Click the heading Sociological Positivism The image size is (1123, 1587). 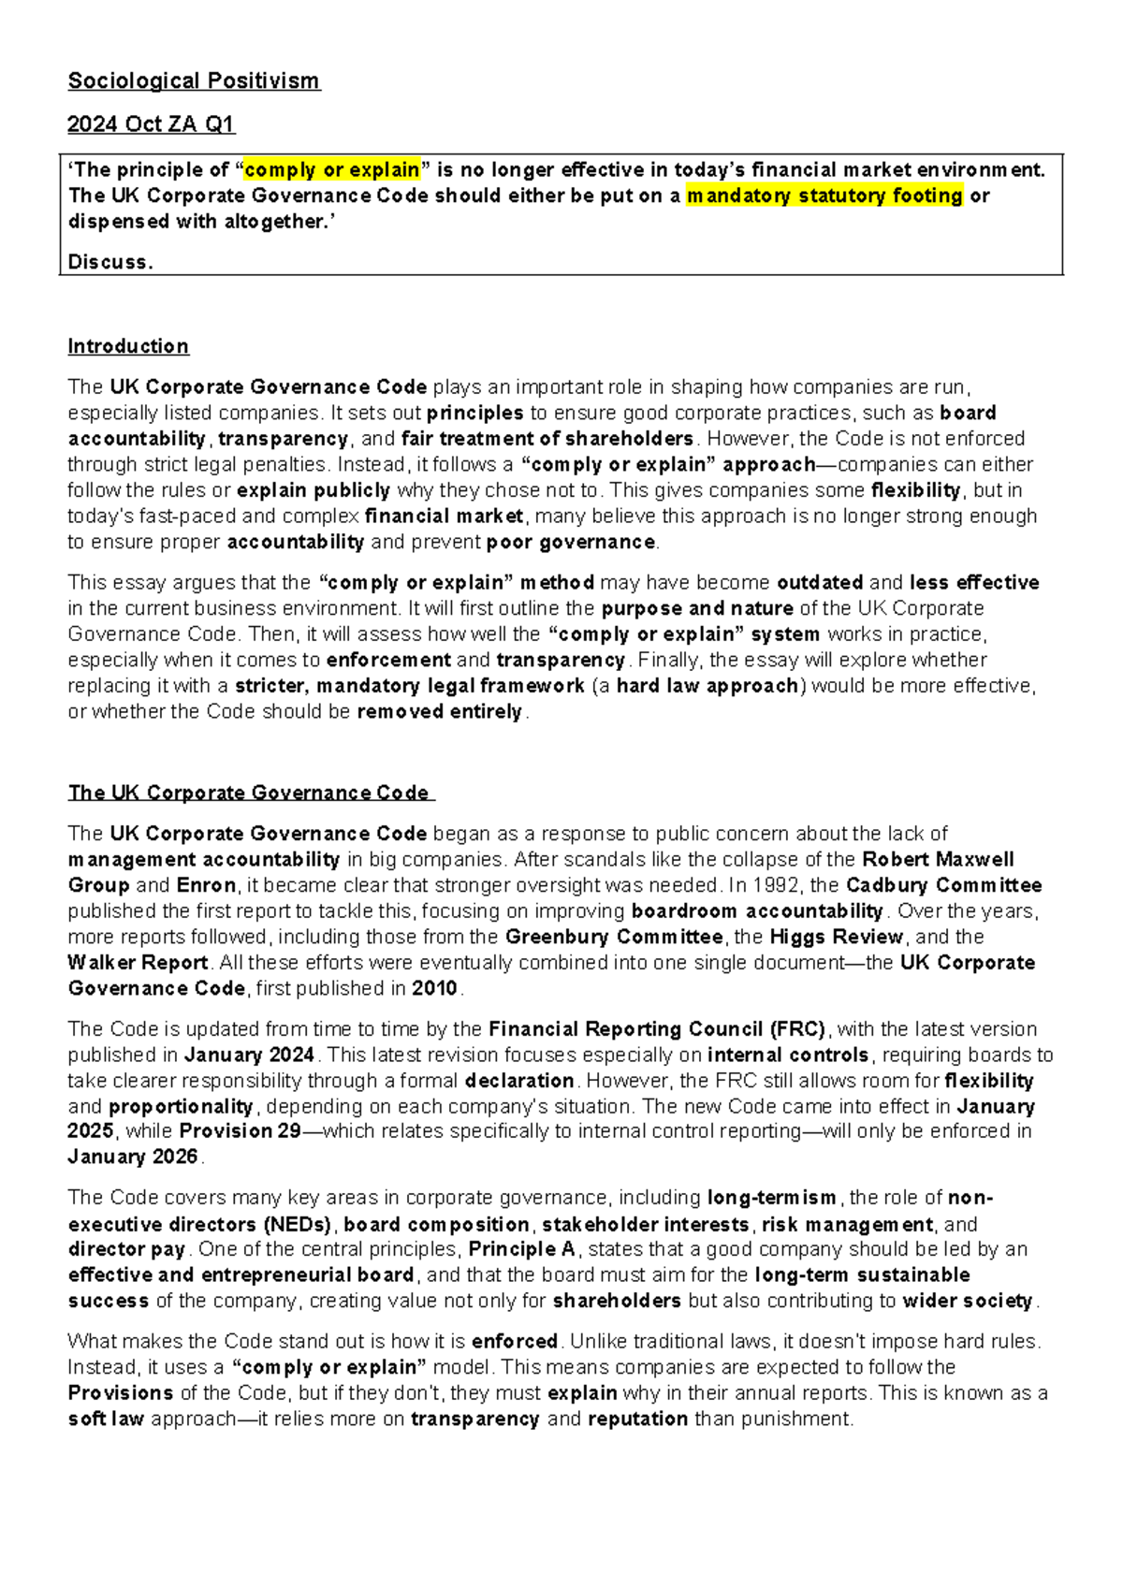[194, 81]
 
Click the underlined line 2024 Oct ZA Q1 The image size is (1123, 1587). [151, 124]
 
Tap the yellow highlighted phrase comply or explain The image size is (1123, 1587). [331, 170]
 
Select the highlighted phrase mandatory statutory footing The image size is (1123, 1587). [824, 196]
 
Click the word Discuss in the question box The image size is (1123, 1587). [109, 263]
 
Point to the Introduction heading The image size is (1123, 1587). [128, 347]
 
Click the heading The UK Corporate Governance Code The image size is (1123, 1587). [249, 793]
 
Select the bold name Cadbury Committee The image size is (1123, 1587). [943, 885]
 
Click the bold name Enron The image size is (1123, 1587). [206, 885]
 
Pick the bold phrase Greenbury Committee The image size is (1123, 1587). [614, 937]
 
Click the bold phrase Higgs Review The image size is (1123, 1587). [836, 937]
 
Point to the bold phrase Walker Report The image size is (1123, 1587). [138, 963]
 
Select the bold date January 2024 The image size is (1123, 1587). [249, 1056]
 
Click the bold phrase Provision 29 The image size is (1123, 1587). [240, 1131]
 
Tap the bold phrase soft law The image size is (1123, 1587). [106, 1420]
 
